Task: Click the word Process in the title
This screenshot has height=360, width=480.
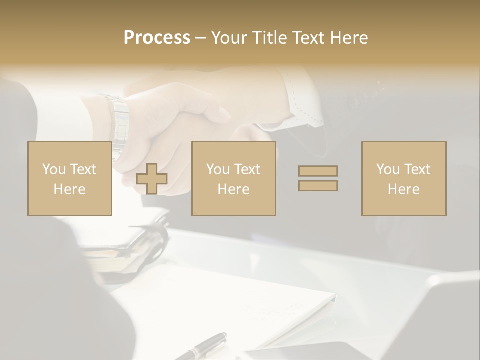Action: [x=157, y=38]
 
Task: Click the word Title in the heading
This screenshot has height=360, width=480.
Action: [x=269, y=38]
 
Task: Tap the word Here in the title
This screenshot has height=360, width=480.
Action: [x=348, y=38]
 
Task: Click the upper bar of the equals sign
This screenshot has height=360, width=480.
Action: [x=318, y=171]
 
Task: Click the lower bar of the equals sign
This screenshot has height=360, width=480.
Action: [x=318, y=186]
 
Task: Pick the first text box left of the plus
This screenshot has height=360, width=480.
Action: [x=69, y=178]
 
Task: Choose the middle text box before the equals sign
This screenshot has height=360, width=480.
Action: [x=233, y=178]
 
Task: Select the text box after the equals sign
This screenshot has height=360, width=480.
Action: [x=403, y=178]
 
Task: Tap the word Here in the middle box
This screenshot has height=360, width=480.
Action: [x=233, y=189]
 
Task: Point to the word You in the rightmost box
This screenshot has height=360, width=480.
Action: [x=389, y=169]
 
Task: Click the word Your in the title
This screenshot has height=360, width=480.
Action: [x=230, y=38]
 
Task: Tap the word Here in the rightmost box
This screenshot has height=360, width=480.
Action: [x=403, y=189]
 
